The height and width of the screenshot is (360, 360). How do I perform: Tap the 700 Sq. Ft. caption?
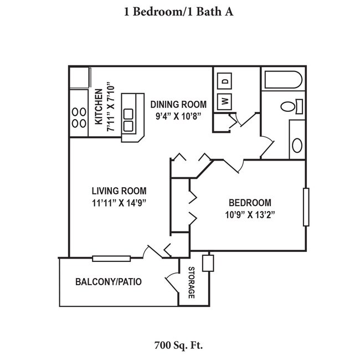(x=178, y=346)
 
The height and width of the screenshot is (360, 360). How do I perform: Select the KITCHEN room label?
(x=98, y=107)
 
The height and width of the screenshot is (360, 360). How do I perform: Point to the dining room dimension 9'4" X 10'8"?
(x=178, y=115)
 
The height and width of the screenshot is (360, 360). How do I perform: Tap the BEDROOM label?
(x=250, y=203)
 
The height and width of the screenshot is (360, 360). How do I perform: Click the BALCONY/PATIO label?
(x=108, y=282)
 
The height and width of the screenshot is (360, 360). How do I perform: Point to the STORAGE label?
(x=192, y=283)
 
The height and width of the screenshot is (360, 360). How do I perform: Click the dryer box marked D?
(x=225, y=81)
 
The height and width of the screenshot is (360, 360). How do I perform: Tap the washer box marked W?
(x=225, y=101)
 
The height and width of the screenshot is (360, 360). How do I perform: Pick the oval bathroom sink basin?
(x=297, y=145)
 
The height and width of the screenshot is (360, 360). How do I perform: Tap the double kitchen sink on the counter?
(x=129, y=121)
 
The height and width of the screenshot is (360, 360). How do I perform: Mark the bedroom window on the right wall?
(x=306, y=207)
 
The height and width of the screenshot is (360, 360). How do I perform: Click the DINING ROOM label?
(x=178, y=104)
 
